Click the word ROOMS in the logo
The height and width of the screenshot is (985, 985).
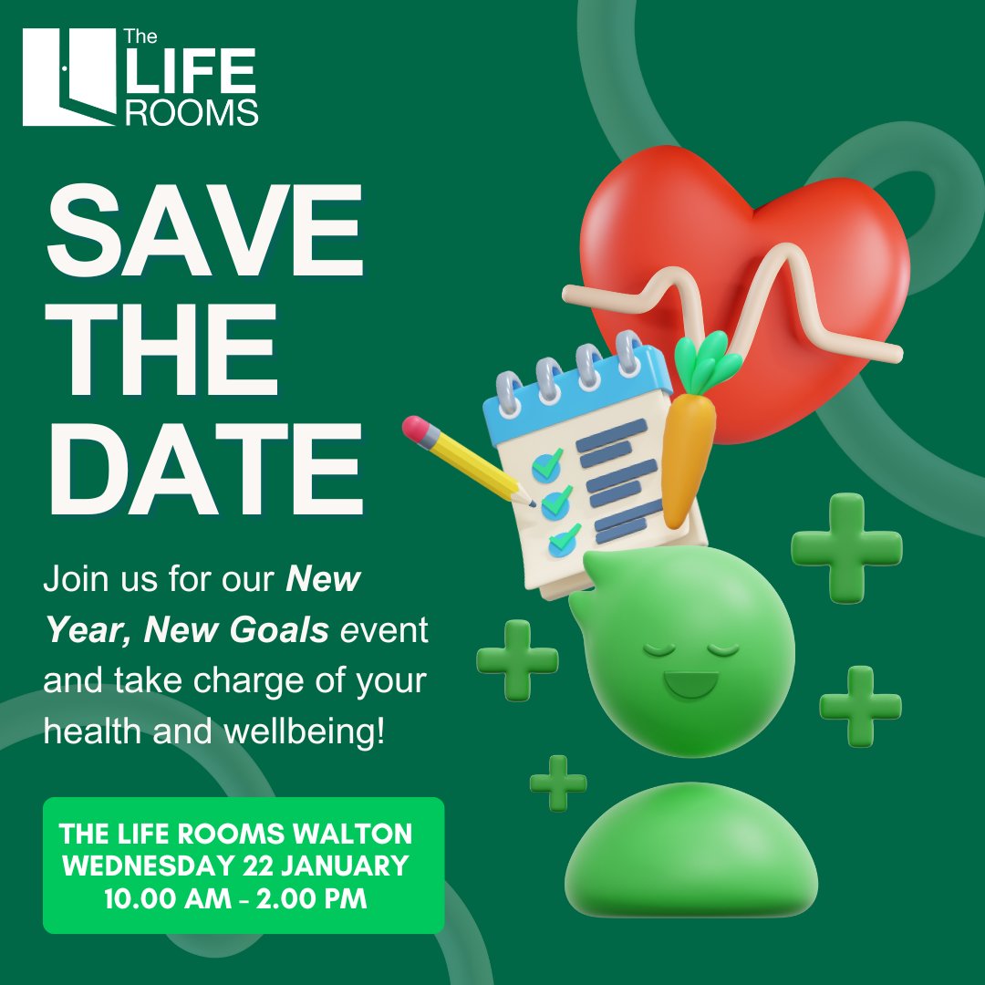click(192, 112)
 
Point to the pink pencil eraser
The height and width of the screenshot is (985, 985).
click(416, 428)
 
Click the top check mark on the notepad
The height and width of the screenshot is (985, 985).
click(547, 465)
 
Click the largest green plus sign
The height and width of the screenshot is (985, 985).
click(846, 548)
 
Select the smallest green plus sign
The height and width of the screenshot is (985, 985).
click(558, 783)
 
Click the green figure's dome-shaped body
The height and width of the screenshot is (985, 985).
click(689, 853)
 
